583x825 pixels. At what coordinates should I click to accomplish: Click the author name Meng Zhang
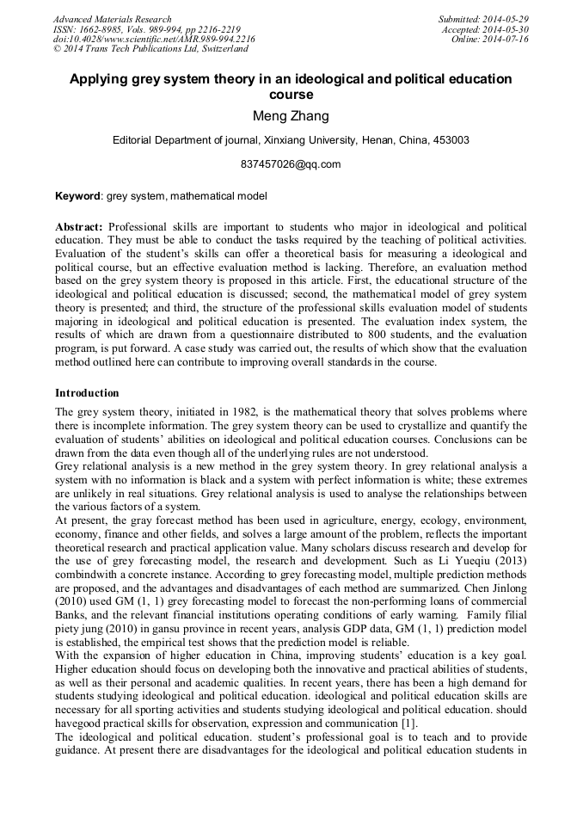(x=291, y=117)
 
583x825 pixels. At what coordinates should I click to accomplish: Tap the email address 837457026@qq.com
(x=291, y=163)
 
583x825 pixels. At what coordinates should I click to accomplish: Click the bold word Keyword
(x=78, y=196)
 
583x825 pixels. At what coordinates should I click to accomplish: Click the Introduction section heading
(x=87, y=393)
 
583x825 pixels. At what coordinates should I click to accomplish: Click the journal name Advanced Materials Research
(x=112, y=19)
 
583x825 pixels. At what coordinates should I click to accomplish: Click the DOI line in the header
(x=154, y=40)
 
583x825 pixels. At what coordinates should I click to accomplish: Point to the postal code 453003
(x=451, y=140)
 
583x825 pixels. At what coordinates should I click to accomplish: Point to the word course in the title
(x=291, y=95)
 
